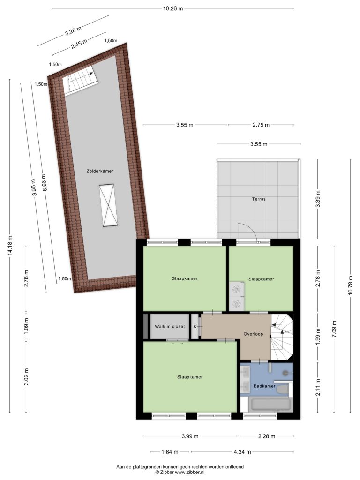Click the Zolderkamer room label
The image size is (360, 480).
tap(100, 171)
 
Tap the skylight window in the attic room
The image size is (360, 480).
tap(109, 205)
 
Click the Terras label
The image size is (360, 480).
tap(259, 199)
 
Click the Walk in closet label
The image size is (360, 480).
tap(170, 326)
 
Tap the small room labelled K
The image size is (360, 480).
tap(195, 326)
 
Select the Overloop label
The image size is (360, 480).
tap(253, 334)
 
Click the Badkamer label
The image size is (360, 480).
tap(264, 386)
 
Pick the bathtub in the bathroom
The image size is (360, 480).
tap(270, 405)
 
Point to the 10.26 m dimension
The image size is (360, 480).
tap(172, 8)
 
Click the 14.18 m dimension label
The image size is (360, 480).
tap(10, 246)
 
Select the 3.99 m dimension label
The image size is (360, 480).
tap(190, 436)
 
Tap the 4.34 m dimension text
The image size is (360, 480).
tap(242, 452)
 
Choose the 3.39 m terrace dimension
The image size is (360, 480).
tap(318, 199)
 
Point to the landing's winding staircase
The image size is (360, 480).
tap(282, 337)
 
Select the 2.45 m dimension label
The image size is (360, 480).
tap(79, 45)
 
